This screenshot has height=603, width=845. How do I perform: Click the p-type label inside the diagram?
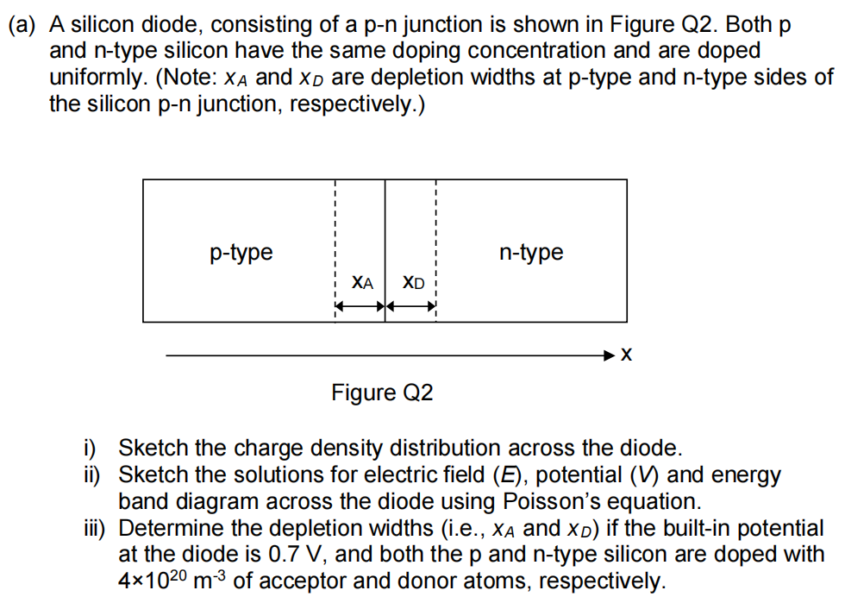pyautogui.click(x=241, y=253)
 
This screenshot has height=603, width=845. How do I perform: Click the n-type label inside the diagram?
pyautogui.click(x=531, y=253)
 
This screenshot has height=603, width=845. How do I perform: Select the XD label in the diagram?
pyautogui.click(x=414, y=282)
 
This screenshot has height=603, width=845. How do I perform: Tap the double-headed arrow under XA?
pyautogui.click(x=360, y=305)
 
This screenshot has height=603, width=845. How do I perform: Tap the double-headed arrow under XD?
pyautogui.click(x=411, y=305)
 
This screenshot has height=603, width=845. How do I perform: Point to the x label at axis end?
pyautogui.click(x=627, y=355)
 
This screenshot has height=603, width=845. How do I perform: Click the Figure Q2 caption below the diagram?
pyautogui.click(x=382, y=393)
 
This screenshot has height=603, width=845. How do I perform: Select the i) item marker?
pyautogui.click(x=89, y=448)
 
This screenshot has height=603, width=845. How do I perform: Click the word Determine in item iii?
pyautogui.click(x=162, y=528)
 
